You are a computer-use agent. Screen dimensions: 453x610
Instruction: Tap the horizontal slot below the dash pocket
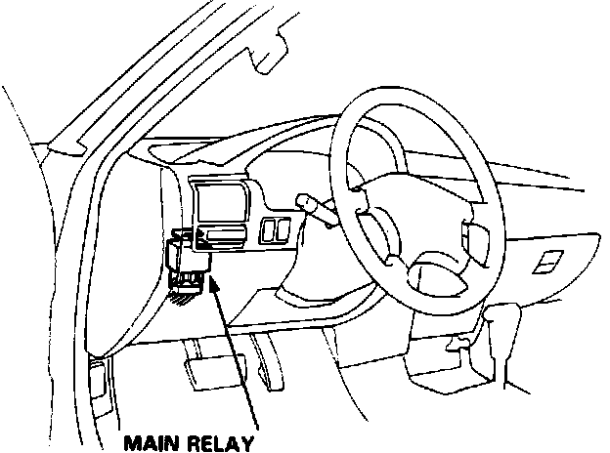[x=223, y=234]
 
